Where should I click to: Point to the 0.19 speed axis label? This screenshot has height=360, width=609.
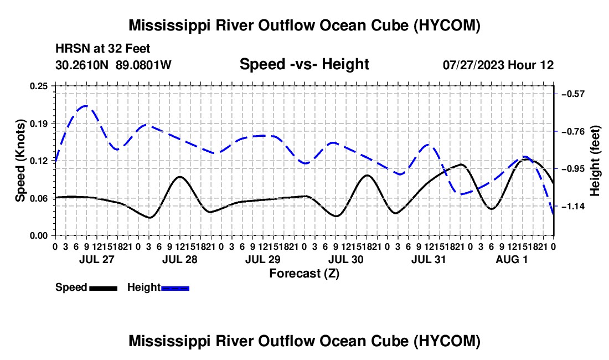(x=38, y=124)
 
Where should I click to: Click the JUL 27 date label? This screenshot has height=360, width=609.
(x=97, y=259)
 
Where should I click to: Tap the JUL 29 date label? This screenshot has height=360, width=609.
(x=263, y=259)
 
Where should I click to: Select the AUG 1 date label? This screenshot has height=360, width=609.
(x=512, y=259)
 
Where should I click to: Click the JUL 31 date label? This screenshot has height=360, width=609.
(x=429, y=259)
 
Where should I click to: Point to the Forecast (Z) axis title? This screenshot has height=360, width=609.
(x=304, y=274)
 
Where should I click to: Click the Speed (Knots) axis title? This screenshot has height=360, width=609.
(x=20, y=161)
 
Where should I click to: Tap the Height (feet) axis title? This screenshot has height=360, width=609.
(x=595, y=161)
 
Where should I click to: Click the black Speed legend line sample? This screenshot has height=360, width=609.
(x=104, y=288)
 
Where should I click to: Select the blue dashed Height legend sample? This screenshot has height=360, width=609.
(x=175, y=288)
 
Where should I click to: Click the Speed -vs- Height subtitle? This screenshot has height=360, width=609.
(x=304, y=64)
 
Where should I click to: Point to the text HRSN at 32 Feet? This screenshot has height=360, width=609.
(x=102, y=49)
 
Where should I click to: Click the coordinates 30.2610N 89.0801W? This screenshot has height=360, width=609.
(x=113, y=65)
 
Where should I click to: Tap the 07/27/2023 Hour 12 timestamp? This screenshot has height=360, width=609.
(x=498, y=65)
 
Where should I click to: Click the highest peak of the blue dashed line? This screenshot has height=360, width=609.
(x=85, y=106)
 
